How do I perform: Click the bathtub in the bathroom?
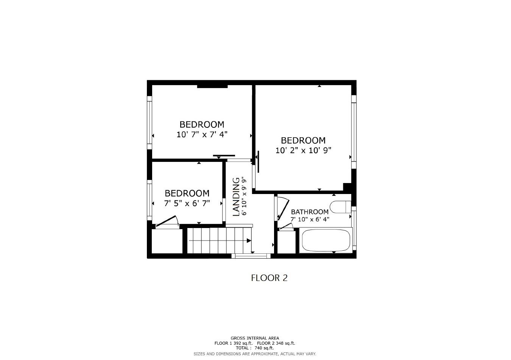[x=326, y=241]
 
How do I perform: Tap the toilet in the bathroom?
[x=340, y=207]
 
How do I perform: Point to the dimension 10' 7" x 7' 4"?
[x=202, y=134]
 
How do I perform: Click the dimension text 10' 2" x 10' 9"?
[x=303, y=150]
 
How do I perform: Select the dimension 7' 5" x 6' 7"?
[x=187, y=203]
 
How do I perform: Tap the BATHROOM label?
[x=309, y=212]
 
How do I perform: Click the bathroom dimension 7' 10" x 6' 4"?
[x=310, y=219]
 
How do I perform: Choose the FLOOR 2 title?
[x=269, y=278]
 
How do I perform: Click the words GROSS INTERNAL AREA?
[x=255, y=338]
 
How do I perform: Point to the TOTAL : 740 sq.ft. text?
[x=255, y=348]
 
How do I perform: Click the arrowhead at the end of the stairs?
[x=249, y=241]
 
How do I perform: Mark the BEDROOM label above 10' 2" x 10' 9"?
[x=303, y=141]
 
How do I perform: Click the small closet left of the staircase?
[x=167, y=241]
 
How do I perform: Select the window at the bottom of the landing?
[x=251, y=256]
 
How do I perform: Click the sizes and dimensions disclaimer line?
[x=255, y=354]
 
